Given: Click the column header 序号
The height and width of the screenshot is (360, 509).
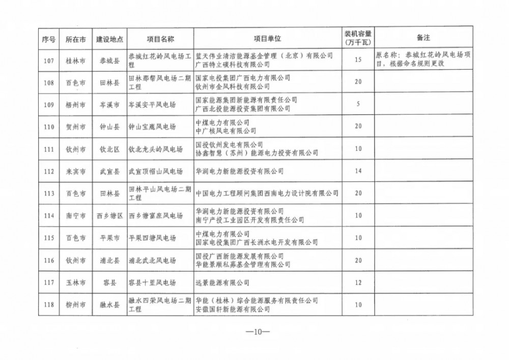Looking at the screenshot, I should point(49,39).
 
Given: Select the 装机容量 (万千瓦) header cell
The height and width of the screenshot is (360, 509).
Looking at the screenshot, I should point(358,39).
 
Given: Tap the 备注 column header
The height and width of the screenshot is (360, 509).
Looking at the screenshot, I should point(422,39).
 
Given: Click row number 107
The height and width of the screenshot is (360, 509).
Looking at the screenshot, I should point(49,60).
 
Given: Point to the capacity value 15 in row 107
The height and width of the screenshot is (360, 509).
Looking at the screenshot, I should point(358,60).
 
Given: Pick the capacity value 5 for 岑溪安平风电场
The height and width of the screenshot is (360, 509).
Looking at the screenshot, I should point(358,104).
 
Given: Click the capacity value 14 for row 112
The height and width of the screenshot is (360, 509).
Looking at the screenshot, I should point(358,172).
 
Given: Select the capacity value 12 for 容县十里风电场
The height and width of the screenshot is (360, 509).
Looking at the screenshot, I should point(358,283).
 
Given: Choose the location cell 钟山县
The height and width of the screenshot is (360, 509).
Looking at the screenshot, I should point(109,127).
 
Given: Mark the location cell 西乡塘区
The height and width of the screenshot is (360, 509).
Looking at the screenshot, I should point(109,216).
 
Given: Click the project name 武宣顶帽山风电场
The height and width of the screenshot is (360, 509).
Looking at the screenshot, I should point(155,172).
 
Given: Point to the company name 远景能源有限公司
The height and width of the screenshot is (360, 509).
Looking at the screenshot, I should point(222,283).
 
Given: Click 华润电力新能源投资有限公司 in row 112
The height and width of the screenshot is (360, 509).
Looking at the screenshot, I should point(239,172).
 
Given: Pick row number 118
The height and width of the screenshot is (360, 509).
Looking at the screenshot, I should point(49,305).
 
